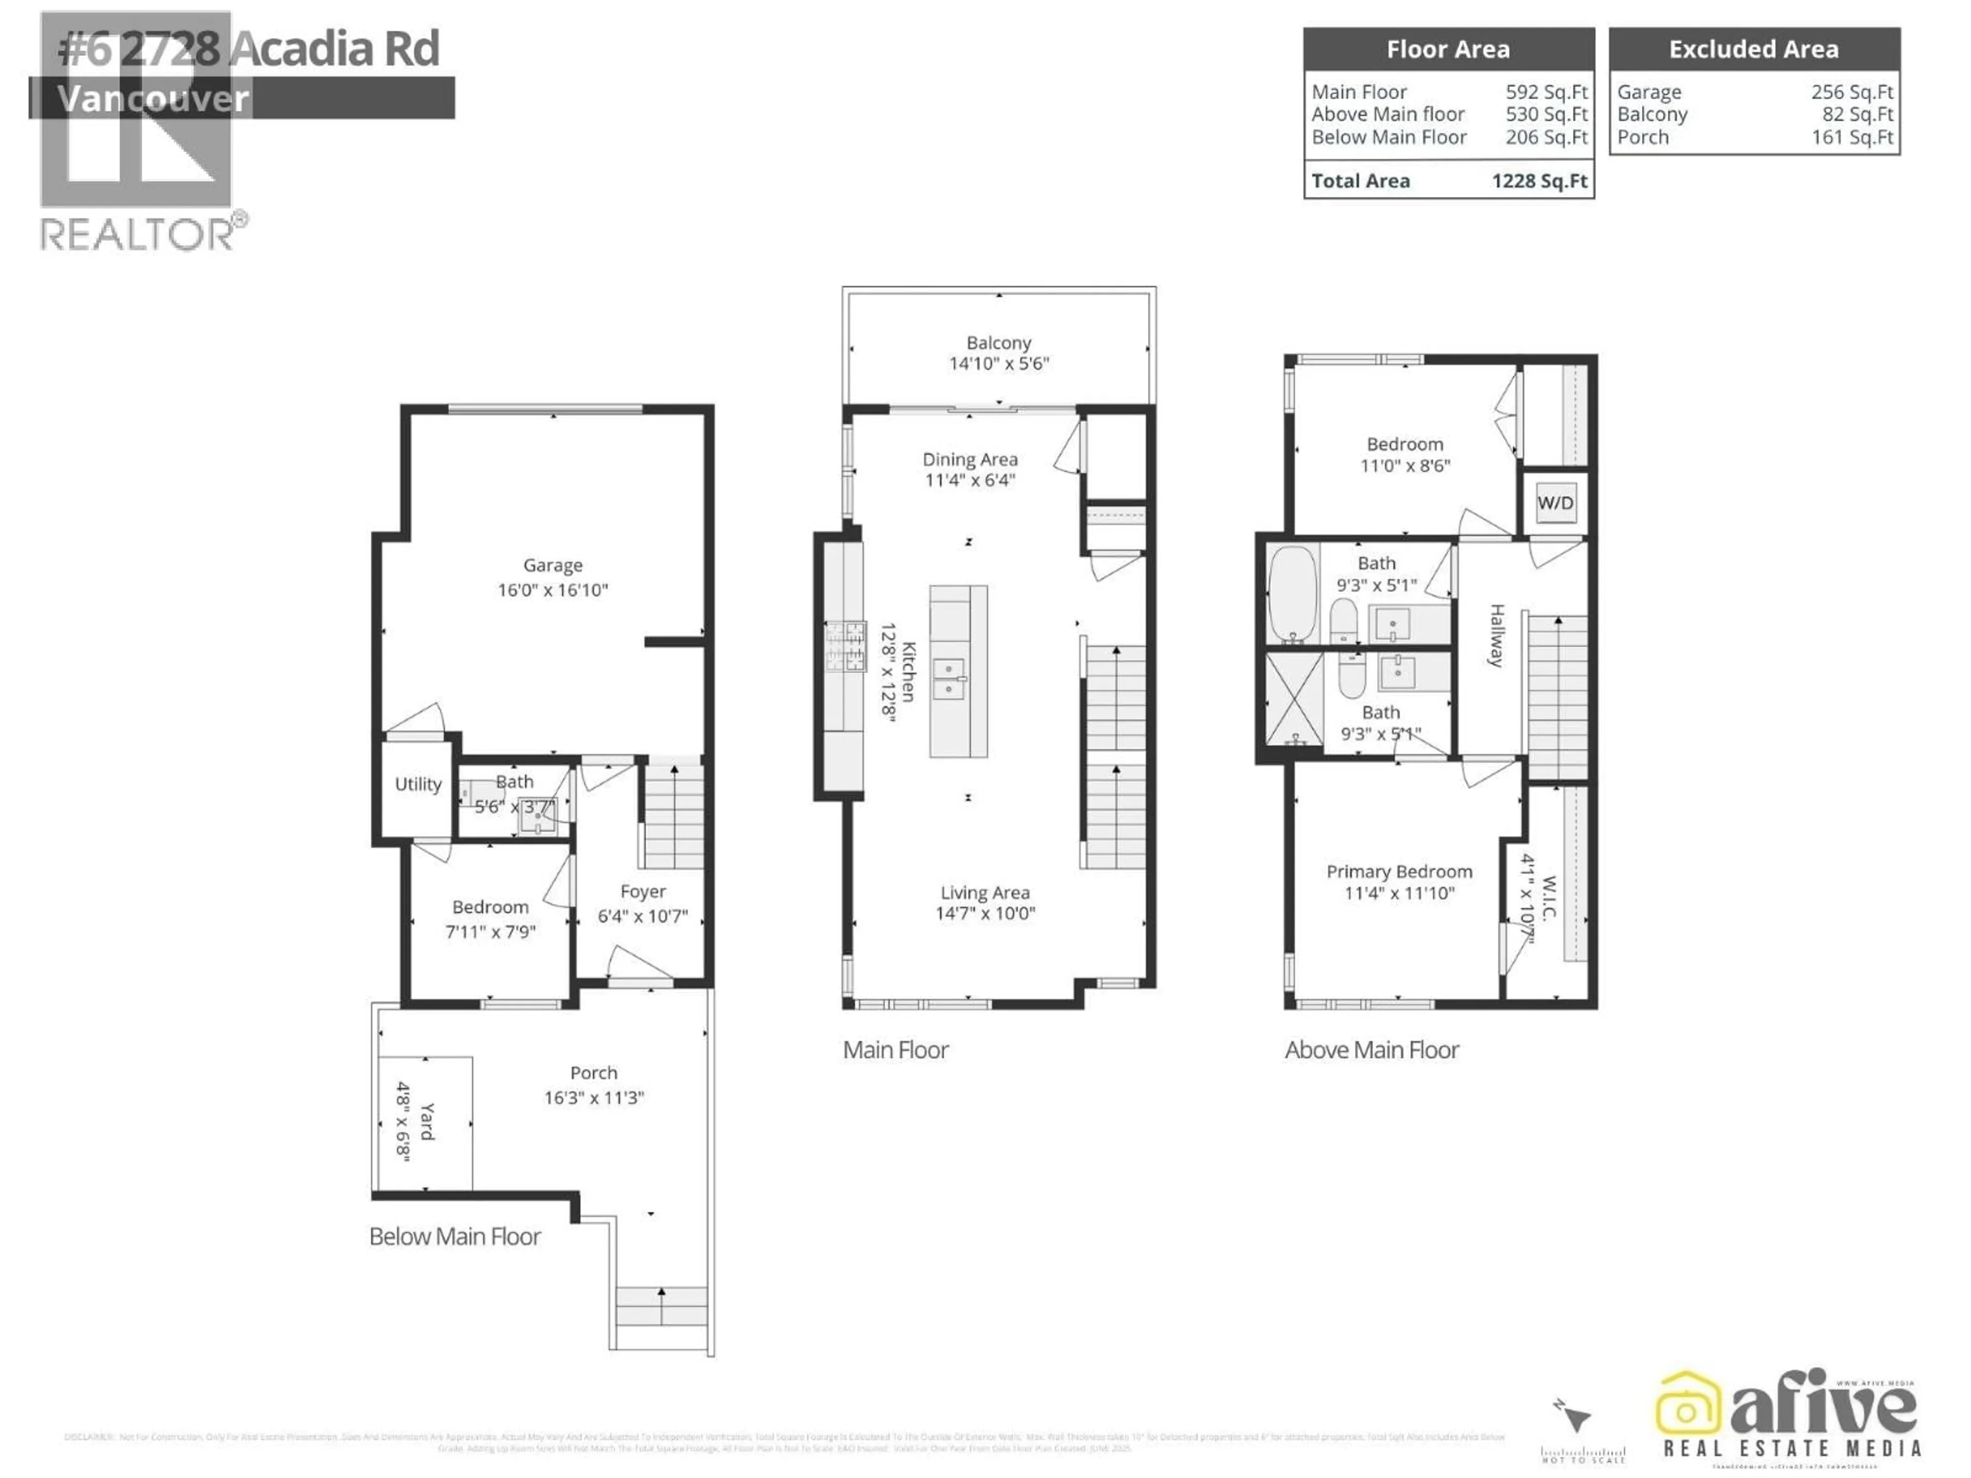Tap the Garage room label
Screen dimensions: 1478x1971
point(552,566)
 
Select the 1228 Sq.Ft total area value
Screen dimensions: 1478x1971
point(1539,181)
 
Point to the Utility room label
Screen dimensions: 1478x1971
point(418,784)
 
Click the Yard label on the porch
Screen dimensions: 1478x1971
point(427,1121)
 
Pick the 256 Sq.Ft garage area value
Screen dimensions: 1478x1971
point(1851,92)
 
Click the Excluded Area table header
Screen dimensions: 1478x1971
point(1753,49)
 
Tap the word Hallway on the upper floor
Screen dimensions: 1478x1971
point(1497,634)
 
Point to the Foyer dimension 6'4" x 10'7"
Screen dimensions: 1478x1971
point(643,916)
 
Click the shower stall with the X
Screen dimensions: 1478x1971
point(1294,697)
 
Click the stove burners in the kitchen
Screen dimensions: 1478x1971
point(845,646)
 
